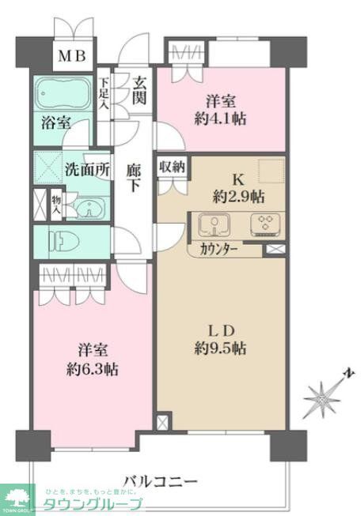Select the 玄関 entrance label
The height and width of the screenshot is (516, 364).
[x=139, y=89]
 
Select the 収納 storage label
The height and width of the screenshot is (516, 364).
[x=172, y=166]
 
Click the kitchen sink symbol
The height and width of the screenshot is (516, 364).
[x=213, y=225]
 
